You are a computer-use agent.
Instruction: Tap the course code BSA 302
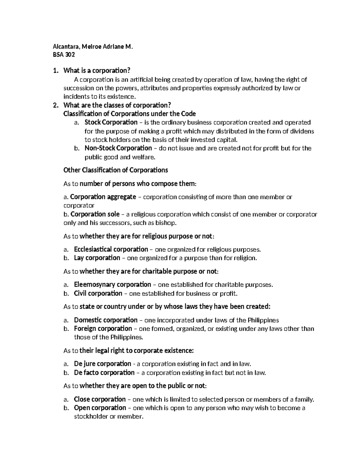pyautogui.click(x=64, y=55)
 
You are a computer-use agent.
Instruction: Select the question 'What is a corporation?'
pyautogui.click(x=97, y=71)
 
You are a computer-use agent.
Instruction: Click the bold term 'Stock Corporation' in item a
pyautogui.click(x=111, y=122)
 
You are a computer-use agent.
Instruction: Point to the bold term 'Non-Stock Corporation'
pyautogui.click(x=118, y=148)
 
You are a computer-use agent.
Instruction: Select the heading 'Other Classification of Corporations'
pyautogui.click(x=115, y=170)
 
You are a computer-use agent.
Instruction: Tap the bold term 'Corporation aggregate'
pyautogui.click(x=103, y=197)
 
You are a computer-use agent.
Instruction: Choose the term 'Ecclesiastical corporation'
pyautogui.click(x=111, y=249)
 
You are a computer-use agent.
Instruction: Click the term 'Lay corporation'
pyautogui.click(x=97, y=258)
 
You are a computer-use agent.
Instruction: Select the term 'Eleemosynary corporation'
pyautogui.click(x=112, y=284)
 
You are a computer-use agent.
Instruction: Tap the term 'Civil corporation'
pyautogui.click(x=98, y=293)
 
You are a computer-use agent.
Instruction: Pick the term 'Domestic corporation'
pyautogui.click(x=106, y=320)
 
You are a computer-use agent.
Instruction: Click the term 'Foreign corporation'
pyautogui.click(x=103, y=329)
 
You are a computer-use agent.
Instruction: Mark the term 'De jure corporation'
pyautogui.click(x=102, y=364)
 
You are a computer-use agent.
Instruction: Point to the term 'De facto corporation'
pyautogui.click(x=104, y=372)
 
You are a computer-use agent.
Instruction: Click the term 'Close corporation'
pyautogui.click(x=100, y=399)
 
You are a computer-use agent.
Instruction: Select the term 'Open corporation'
pyautogui.click(x=100, y=408)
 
